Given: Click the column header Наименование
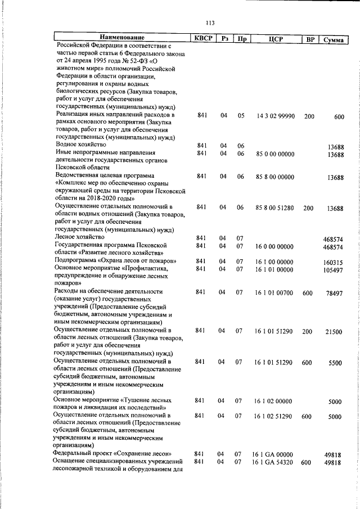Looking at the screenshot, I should tap(121, 38).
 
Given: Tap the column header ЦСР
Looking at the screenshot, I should tap(275, 39).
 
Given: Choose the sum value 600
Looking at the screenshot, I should tap(339, 117).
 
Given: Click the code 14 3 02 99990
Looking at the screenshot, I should tap(275, 115).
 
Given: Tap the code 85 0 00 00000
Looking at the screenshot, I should tap(275, 154).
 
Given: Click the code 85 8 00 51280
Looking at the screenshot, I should tap(275, 208).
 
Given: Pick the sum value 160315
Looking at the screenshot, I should tap(332, 262).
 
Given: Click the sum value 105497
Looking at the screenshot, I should tap(332, 271).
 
